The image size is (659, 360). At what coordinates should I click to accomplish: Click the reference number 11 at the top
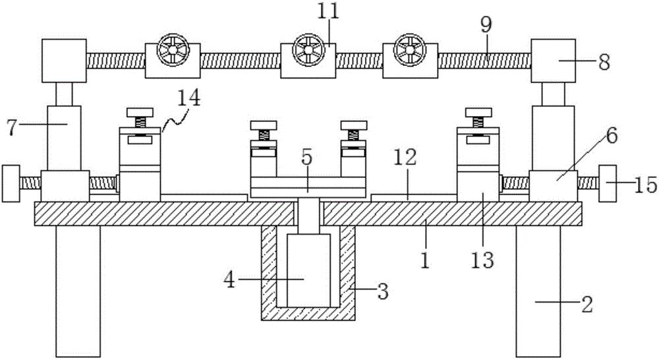pyautogui.click(x=328, y=12)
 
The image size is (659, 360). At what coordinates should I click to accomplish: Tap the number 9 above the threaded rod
pyautogui.click(x=486, y=26)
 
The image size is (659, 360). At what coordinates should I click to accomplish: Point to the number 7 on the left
pyautogui.click(x=13, y=127)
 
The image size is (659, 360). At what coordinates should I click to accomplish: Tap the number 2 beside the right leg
pyautogui.click(x=587, y=304)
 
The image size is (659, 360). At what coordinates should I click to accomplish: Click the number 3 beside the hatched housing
pyautogui.click(x=382, y=291)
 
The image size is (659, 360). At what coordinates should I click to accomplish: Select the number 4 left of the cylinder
pyautogui.click(x=230, y=280)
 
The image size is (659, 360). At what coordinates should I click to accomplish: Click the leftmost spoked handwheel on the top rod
pyautogui.click(x=173, y=49)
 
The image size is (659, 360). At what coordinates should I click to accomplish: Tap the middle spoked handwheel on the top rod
pyautogui.click(x=308, y=49)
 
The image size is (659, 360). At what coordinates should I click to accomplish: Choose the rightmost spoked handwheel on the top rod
pyautogui.click(x=410, y=49)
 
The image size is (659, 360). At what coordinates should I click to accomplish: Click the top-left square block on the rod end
pyautogui.click(x=65, y=61)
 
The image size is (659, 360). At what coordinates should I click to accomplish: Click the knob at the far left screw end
pyautogui.click(x=11, y=184)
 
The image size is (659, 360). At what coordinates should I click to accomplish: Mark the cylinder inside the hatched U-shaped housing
pyautogui.click(x=308, y=270)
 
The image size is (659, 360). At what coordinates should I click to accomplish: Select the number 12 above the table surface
pyautogui.click(x=405, y=158)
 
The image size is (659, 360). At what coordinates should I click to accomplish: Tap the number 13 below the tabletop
pyautogui.click(x=482, y=260)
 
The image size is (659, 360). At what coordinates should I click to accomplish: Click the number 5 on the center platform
pyautogui.click(x=307, y=158)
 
